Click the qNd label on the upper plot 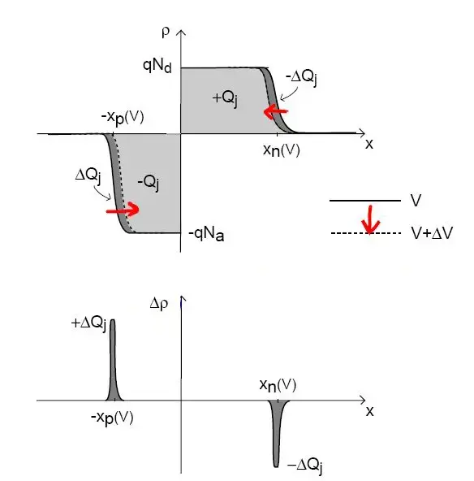(157, 66)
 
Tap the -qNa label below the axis (206, 234)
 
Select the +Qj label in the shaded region (225, 99)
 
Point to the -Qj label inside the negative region (149, 183)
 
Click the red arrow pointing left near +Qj (276, 111)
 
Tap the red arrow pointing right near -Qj (123, 210)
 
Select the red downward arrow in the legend (370, 219)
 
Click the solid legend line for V (365, 201)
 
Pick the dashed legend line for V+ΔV (366, 233)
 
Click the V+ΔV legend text (432, 233)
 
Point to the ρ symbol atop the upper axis (166, 32)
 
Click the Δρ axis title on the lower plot (159, 304)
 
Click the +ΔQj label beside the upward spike (88, 324)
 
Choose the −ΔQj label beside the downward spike (305, 466)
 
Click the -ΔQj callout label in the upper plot (302, 77)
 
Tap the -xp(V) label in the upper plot (123, 118)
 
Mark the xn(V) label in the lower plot (278, 385)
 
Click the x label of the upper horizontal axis (369, 144)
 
